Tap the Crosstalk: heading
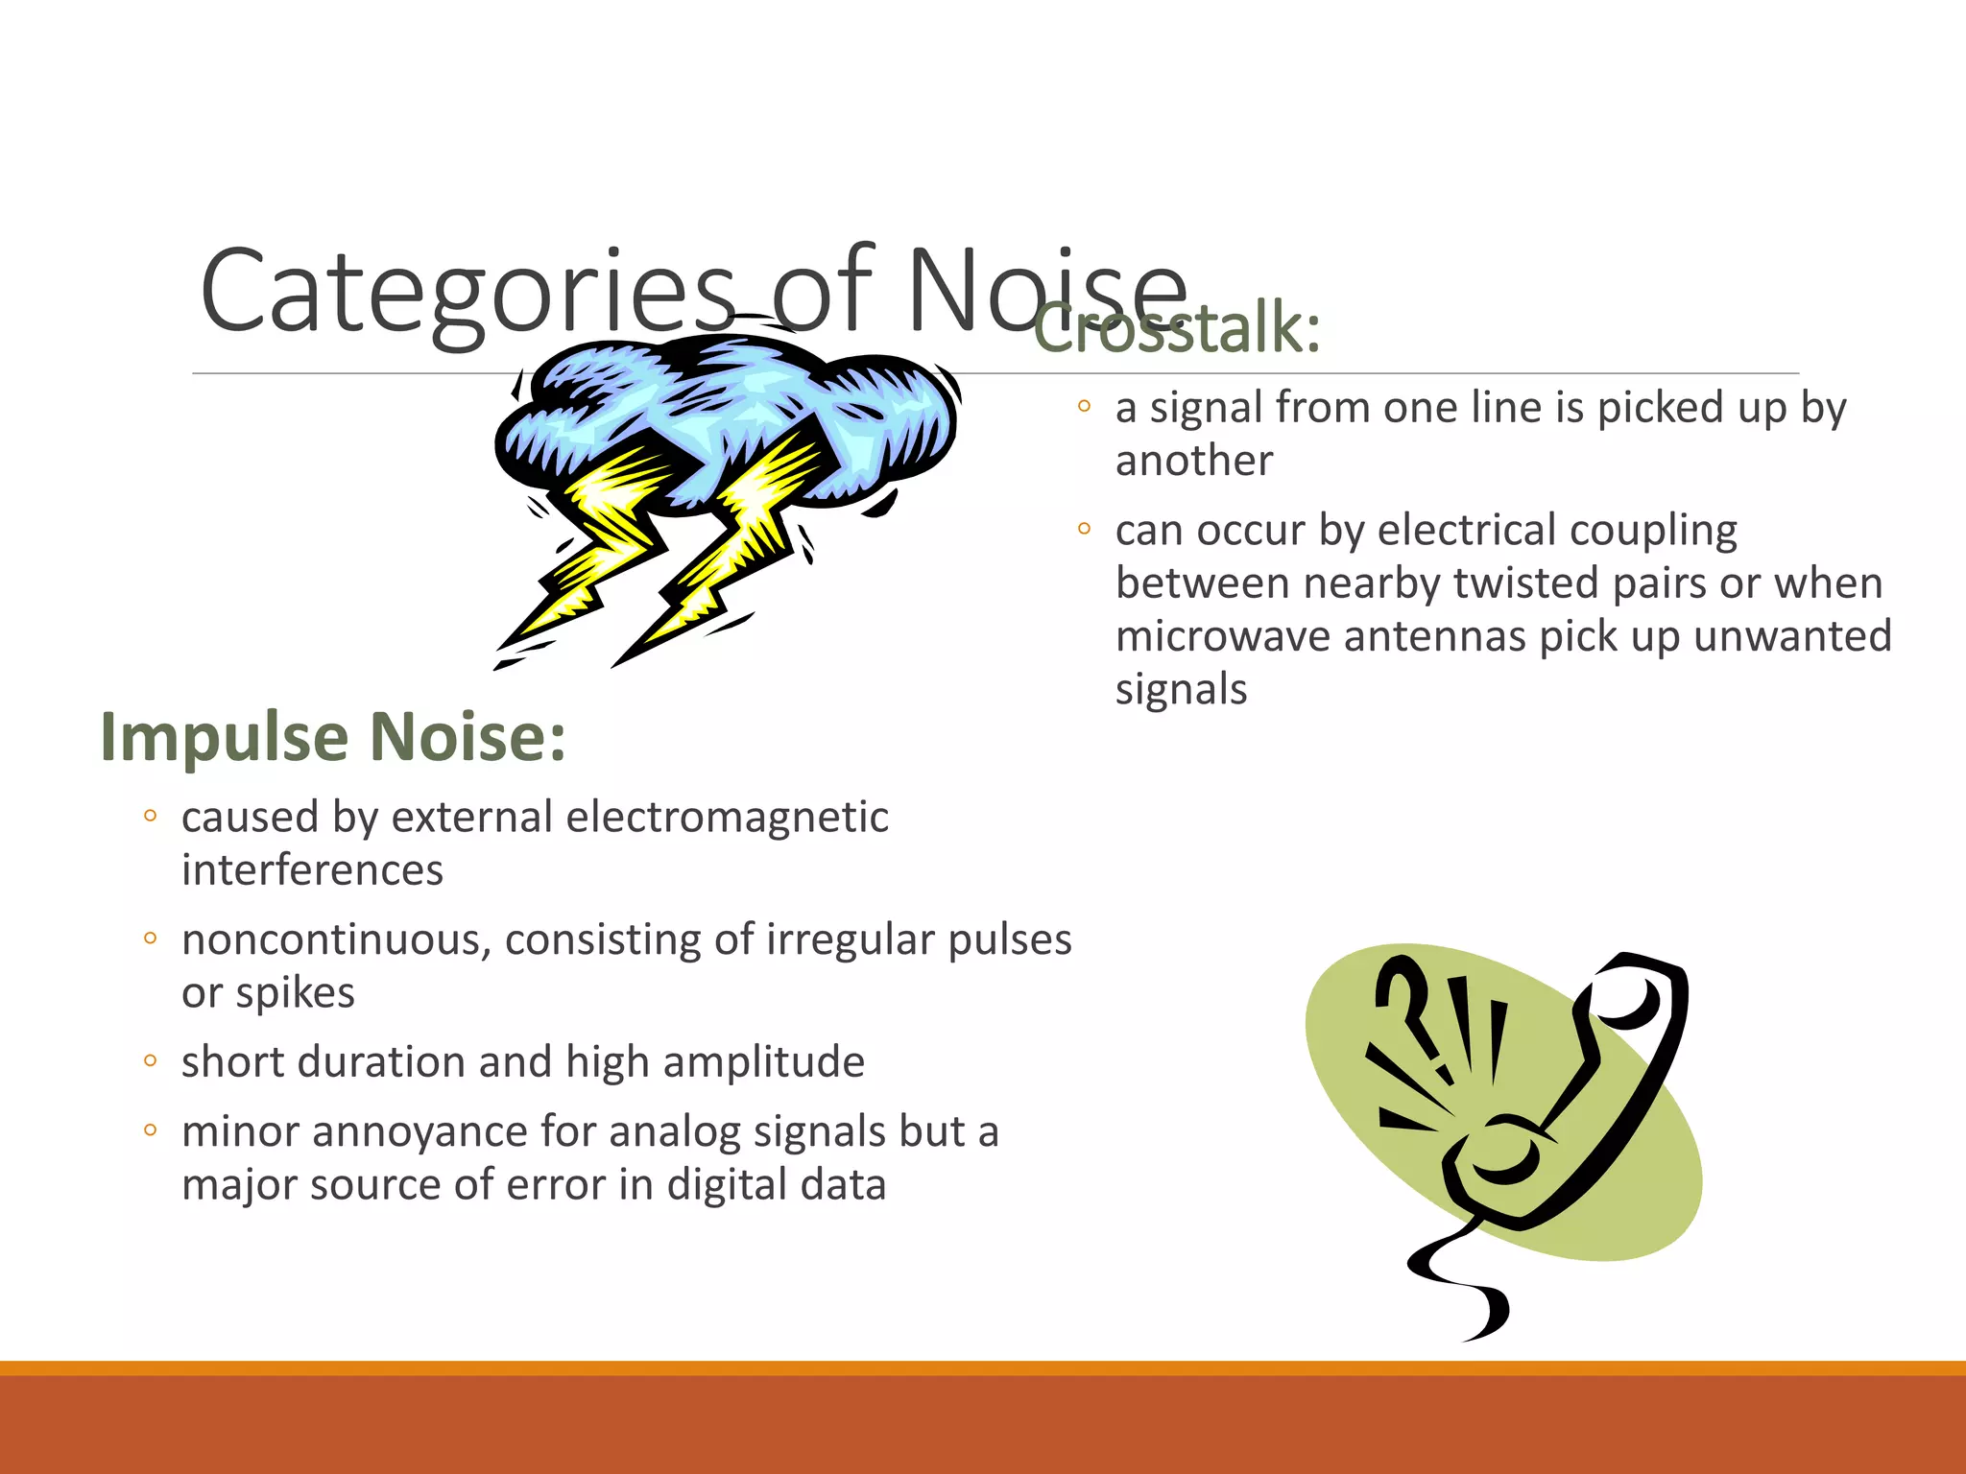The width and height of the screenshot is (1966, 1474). [x=1177, y=328]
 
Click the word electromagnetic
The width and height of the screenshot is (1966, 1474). [x=727, y=818]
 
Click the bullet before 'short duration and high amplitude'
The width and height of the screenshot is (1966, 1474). [x=150, y=1061]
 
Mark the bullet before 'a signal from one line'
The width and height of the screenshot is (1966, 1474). [x=1084, y=407]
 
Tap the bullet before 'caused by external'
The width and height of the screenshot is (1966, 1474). [x=150, y=817]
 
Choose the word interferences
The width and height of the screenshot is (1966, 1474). [x=312, y=871]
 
